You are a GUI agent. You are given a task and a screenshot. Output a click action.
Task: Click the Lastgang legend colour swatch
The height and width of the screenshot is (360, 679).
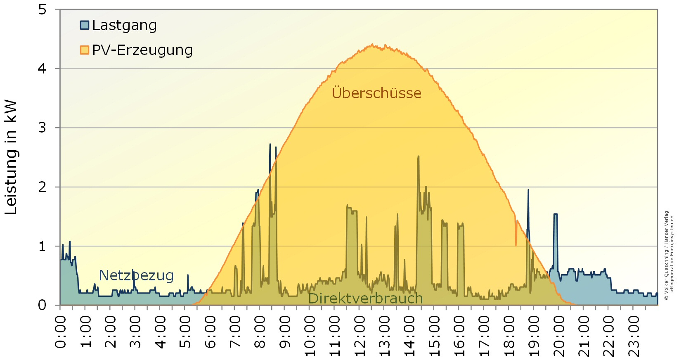pyautogui.click(x=84, y=25)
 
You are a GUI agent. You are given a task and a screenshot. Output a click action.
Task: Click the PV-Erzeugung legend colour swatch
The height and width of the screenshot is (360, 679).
pyautogui.click(x=84, y=50)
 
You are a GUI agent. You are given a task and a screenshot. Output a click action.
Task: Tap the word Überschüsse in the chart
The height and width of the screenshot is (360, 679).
pyautogui.click(x=376, y=93)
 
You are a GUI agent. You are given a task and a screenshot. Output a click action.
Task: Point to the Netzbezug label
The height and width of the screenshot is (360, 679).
pyautogui.click(x=136, y=275)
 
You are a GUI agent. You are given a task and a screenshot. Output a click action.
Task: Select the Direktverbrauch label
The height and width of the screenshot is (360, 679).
pyautogui.click(x=365, y=298)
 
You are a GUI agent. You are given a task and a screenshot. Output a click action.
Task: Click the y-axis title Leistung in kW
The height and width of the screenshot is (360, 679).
pyautogui.click(x=11, y=157)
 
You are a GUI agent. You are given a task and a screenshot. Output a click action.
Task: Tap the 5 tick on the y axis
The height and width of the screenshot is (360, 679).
pyautogui.click(x=42, y=9)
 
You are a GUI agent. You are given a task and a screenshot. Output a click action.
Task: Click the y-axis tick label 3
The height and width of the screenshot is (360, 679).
pyautogui.click(x=42, y=128)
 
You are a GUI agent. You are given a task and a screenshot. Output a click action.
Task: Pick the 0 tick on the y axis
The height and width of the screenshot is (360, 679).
pyautogui.click(x=42, y=305)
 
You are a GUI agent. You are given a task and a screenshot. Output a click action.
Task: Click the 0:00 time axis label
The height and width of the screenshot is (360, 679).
pyautogui.click(x=61, y=332)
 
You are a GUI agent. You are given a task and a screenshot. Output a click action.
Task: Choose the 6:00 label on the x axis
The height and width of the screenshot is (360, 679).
pyautogui.click(x=210, y=332)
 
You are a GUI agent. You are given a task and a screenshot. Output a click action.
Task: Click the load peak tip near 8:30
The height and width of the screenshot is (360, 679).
pyautogui.click(x=270, y=144)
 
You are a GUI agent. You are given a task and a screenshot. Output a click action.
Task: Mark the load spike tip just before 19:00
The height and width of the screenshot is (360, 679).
pyautogui.click(x=528, y=190)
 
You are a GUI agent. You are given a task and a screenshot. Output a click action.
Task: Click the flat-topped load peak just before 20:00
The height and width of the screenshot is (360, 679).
pyautogui.click(x=556, y=214)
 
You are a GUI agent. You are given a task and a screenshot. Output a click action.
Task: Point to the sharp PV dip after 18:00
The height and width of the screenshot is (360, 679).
pyautogui.click(x=516, y=245)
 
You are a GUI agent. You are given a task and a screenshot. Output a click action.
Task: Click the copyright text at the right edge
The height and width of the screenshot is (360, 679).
pyautogui.click(x=669, y=256)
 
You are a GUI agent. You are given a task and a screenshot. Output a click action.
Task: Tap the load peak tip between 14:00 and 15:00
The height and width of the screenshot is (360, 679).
pyautogui.click(x=419, y=156)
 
